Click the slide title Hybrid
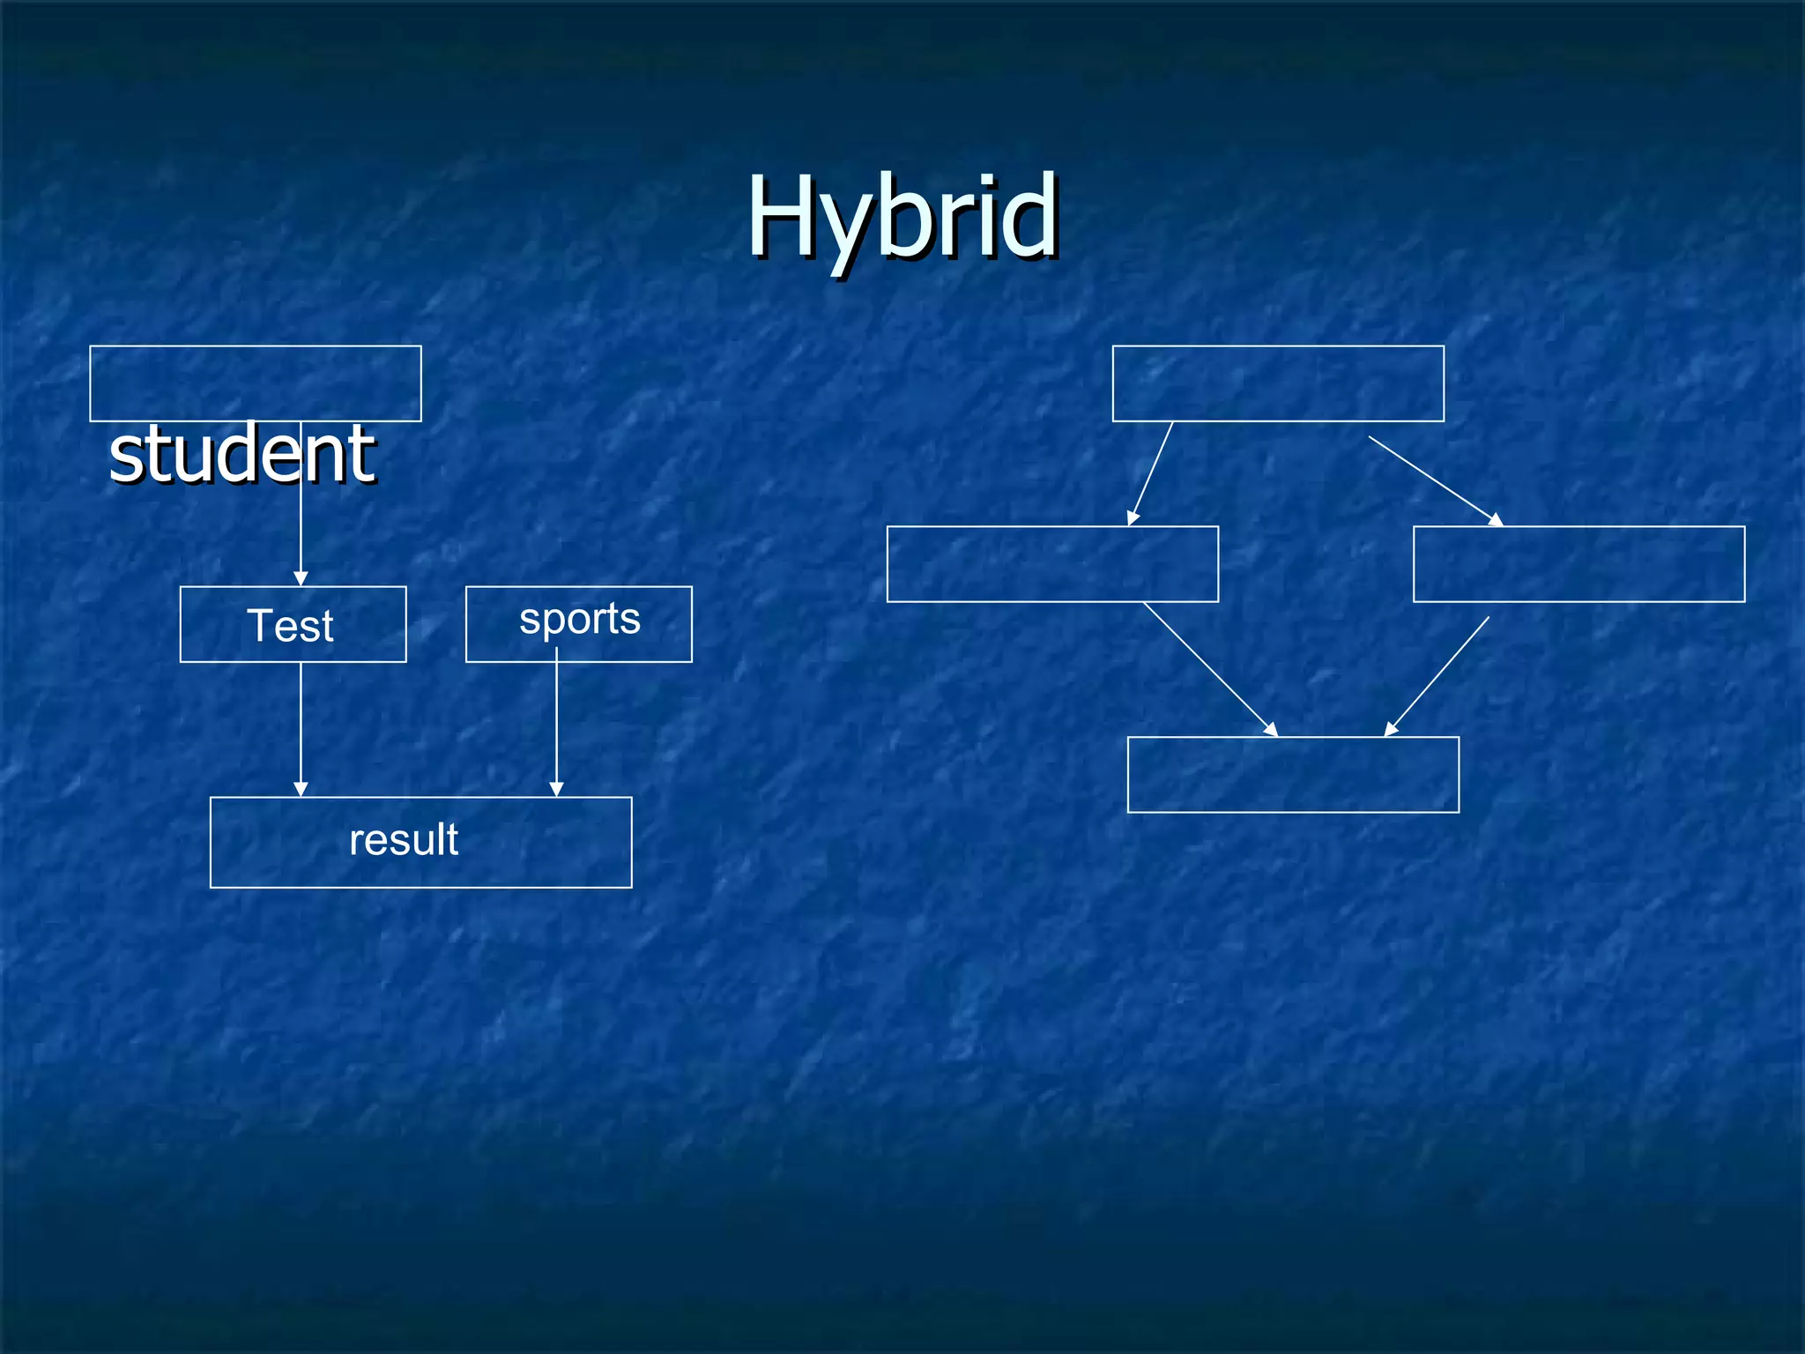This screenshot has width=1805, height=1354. click(x=902, y=217)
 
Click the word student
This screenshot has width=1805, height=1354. click(x=241, y=454)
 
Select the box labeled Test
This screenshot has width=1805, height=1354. click(x=293, y=624)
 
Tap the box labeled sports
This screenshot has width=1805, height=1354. click(x=578, y=623)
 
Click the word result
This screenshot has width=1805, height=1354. click(x=404, y=839)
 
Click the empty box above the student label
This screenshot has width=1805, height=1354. click(x=255, y=383)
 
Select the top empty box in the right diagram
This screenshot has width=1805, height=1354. click(x=1277, y=383)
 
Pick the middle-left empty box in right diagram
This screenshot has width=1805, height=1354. click(x=1051, y=564)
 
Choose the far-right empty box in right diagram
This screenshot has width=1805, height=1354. click(x=1578, y=564)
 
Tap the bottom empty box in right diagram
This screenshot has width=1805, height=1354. click(x=1292, y=774)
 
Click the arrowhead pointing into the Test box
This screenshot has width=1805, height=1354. click(x=301, y=578)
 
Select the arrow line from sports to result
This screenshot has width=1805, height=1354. click(x=556, y=718)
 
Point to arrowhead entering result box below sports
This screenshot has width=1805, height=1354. click(x=556, y=789)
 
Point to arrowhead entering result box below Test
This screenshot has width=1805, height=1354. click(x=301, y=789)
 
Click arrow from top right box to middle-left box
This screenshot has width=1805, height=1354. click(x=1150, y=473)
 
